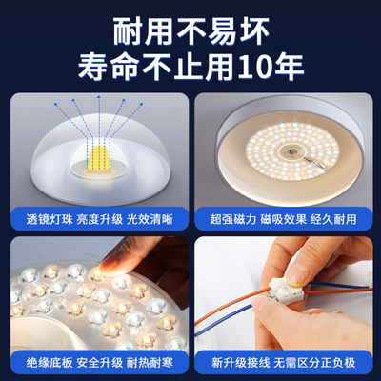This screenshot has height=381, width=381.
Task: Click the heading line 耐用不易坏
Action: tap(190, 30)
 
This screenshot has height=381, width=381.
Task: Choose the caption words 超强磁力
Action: tap(228, 217)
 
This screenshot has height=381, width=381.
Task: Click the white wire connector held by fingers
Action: tap(290, 285)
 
